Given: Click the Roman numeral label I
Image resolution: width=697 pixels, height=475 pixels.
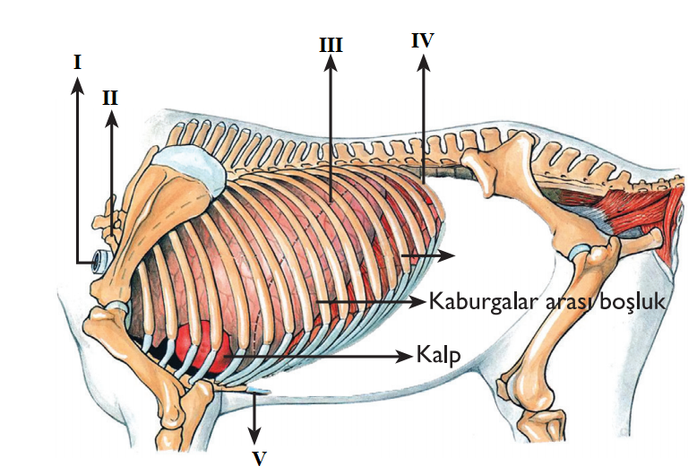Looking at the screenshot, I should click(x=78, y=62).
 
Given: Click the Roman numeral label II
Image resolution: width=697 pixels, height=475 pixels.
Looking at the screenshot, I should click(x=110, y=98).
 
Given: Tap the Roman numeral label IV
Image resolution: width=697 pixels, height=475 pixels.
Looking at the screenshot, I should click(x=423, y=40).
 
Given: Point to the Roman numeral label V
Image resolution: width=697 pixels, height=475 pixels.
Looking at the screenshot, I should click(x=259, y=457).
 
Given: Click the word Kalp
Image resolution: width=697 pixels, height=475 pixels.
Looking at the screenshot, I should click(x=438, y=354).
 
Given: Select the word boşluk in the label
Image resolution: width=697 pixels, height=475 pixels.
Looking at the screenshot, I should click(x=633, y=301).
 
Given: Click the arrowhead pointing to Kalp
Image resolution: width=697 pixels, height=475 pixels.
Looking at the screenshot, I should click(x=405, y=356).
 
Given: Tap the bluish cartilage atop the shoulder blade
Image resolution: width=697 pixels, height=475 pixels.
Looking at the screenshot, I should click(x=191, y=169).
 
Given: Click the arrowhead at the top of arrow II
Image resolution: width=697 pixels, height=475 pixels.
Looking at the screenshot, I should click(x=111, y=117).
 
